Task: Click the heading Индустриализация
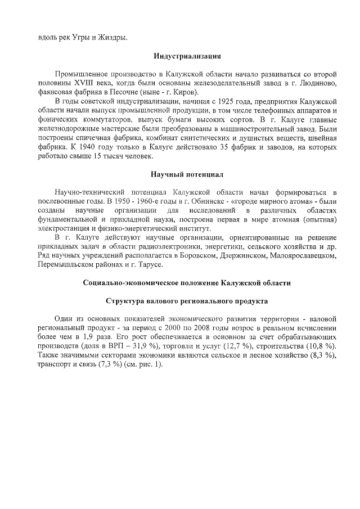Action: (187, 56)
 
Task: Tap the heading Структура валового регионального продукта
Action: (187, 301)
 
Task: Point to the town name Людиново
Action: (319, 83)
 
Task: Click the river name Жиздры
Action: (112, 38)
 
